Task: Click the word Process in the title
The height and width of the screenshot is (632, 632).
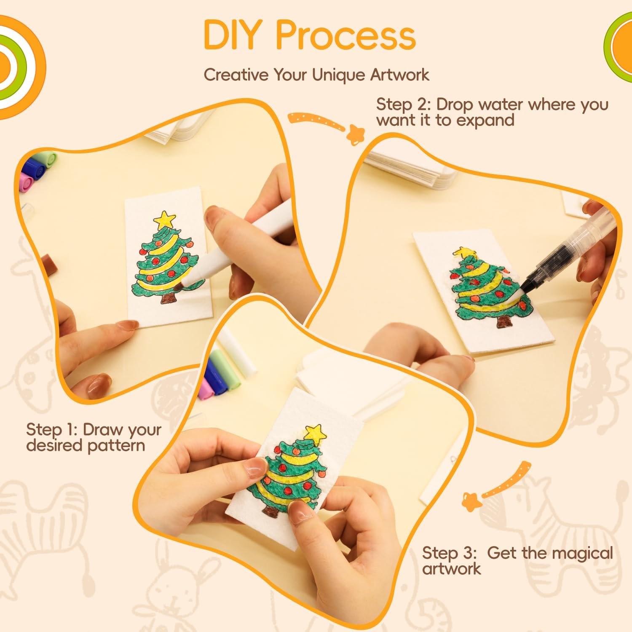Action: pyautogui.click(x=346, y=35)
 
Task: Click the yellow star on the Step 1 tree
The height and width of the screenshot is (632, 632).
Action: pyautogui.click(x=164, y=219)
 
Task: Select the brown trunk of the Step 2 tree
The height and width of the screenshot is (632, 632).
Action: pyautogui.click(x=504, y=322)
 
